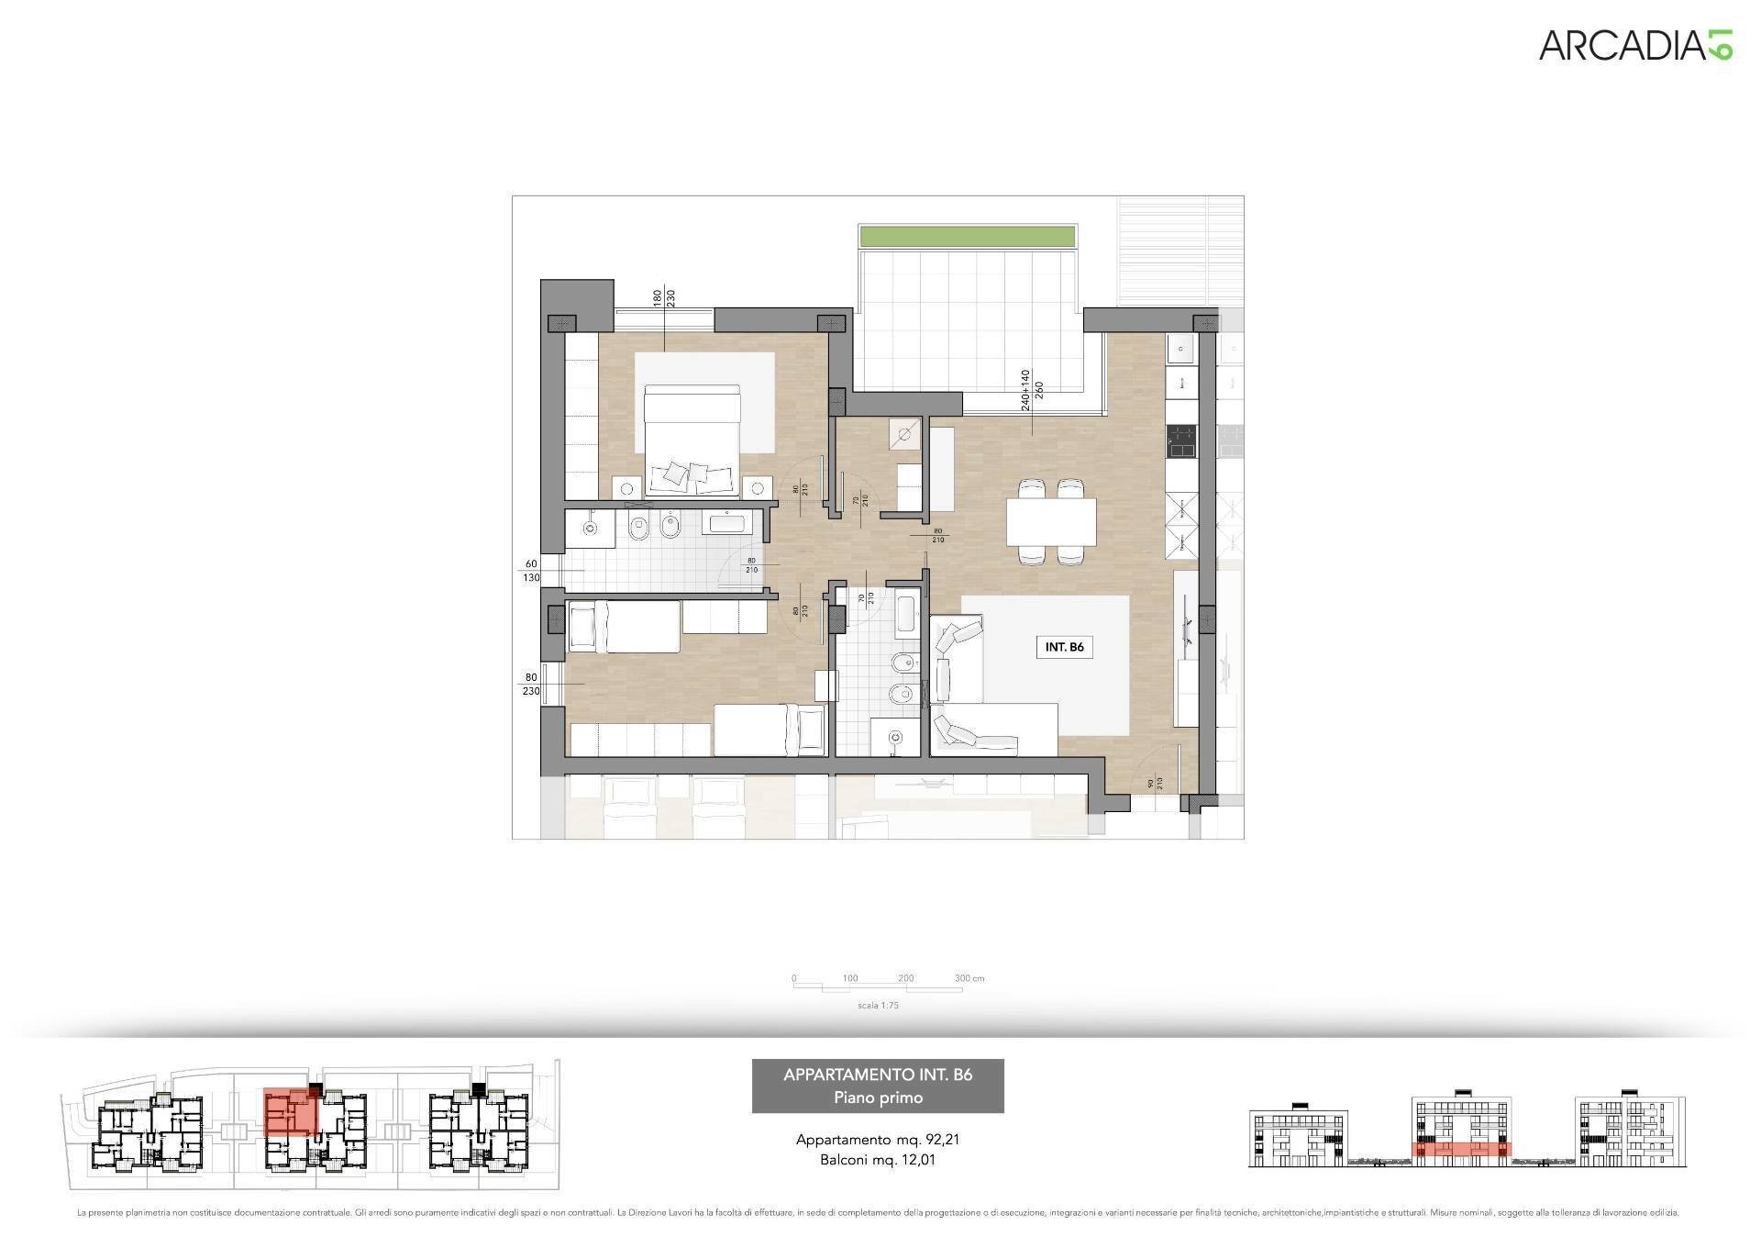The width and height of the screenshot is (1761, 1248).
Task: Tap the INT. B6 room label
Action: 1064,647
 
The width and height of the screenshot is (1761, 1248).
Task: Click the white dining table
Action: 1051,522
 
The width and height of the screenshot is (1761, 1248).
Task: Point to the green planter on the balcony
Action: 967,235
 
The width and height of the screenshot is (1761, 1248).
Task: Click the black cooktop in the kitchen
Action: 1181,441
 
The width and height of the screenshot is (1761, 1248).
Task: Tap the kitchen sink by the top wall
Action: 1181,349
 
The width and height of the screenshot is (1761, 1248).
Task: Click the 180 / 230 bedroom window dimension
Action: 663,305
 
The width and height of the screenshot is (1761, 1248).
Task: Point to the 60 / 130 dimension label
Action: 531,571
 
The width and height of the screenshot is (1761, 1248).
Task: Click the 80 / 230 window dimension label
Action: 531,685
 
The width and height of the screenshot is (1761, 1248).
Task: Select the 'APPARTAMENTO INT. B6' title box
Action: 878,1086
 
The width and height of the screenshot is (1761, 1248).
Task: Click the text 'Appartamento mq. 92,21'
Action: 878,1141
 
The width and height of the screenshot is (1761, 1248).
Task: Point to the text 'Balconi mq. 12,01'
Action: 878,1160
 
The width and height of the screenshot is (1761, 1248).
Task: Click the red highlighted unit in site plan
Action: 289,1112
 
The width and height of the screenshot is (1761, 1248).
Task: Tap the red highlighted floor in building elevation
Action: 1461,1148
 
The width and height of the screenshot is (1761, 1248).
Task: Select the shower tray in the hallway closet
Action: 906,434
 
